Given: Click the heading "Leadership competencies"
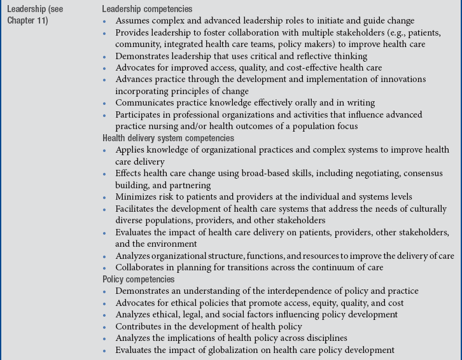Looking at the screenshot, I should click(147, 9).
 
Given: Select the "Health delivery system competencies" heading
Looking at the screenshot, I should click(168, 138).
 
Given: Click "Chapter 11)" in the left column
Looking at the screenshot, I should click(27, 20).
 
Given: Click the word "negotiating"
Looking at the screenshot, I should click(363, 173).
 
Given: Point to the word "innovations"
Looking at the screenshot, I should click(400, 80).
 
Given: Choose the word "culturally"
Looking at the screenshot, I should click(426, 209).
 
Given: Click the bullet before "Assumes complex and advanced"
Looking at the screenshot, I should click(106, 21).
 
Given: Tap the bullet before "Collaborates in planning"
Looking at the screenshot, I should click(106, 268).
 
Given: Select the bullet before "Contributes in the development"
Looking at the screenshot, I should click(106, 327).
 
